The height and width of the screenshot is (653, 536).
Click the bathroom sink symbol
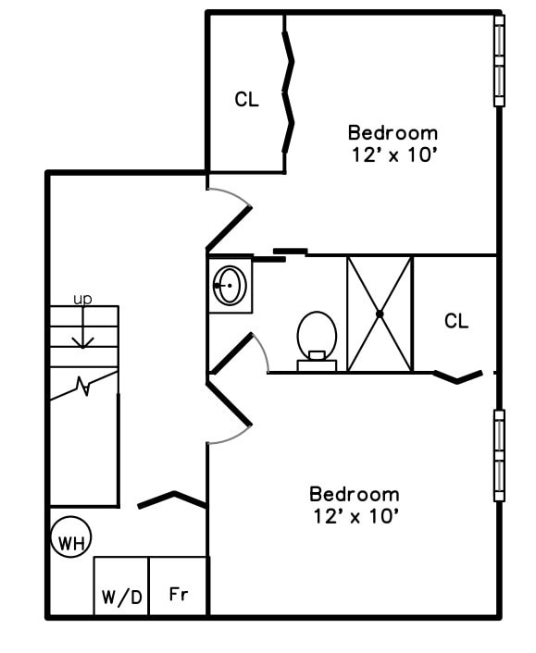[231, 286]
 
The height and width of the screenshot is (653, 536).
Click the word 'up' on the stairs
[83, 299]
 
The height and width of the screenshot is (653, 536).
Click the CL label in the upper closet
[246, 100]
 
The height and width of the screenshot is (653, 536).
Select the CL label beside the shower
[456, 321]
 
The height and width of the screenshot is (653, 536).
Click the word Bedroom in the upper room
[393, 132]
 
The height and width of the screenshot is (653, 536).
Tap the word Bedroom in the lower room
[355, 494]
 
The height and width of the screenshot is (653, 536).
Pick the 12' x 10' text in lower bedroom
[355, 516]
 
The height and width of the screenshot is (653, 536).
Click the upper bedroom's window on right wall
[499, 60]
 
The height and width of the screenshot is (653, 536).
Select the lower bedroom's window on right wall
[499, 456]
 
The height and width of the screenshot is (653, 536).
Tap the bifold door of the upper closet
[290, 92]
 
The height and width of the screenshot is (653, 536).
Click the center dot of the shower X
[380, 314]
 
